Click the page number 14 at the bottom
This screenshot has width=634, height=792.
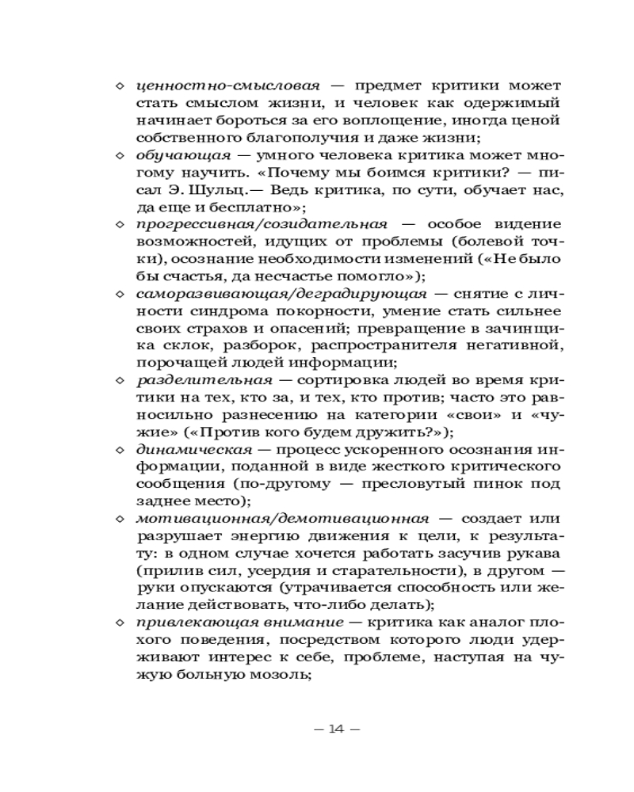(338, 729)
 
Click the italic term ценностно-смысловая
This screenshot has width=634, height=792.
(228, 85)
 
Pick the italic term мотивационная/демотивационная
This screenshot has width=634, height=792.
(282, 519)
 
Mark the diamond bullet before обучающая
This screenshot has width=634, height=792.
(120, 155)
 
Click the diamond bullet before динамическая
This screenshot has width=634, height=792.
(120, 450)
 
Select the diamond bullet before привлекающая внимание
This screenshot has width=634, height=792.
(120, 623)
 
